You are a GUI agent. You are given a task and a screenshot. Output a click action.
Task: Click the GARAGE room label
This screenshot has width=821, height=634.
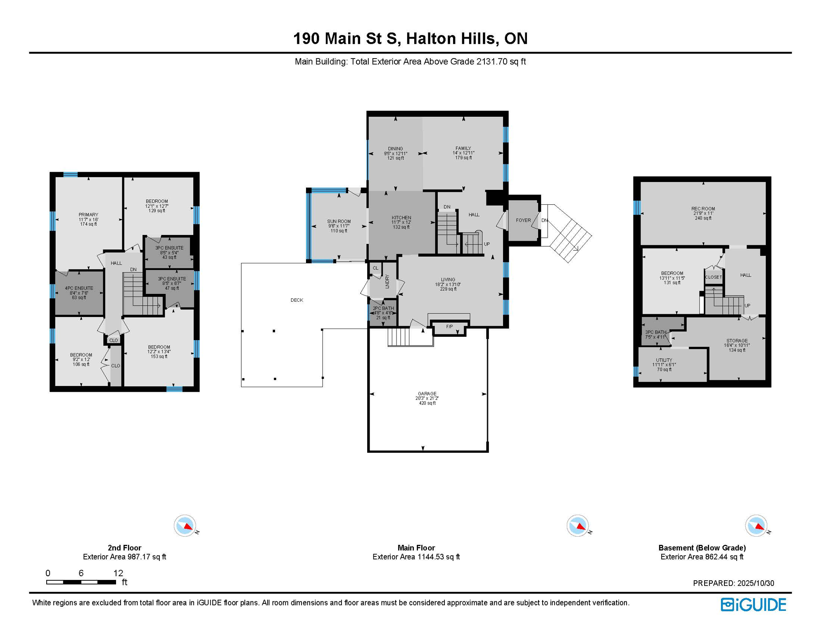427,394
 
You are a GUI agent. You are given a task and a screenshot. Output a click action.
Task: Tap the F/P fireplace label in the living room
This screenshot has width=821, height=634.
449,326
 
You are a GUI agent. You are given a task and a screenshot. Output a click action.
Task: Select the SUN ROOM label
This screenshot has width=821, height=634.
339,221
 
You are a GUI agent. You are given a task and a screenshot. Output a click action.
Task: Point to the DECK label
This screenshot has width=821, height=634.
297,300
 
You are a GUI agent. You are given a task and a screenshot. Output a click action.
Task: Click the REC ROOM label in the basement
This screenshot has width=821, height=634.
703,209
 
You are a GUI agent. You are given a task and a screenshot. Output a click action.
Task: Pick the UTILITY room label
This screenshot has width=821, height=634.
664,360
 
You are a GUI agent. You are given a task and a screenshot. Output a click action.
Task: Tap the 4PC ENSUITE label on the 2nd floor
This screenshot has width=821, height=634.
79,288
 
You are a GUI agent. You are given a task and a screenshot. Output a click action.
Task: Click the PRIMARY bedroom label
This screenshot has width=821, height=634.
88,215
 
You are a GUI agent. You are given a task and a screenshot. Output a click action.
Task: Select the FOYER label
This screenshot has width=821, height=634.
523,220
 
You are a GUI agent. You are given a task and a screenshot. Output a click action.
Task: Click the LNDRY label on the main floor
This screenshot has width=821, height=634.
387,281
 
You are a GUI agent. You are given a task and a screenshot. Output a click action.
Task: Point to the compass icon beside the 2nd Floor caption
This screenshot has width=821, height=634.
185,526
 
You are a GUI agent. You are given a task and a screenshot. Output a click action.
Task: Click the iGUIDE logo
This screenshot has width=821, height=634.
753,605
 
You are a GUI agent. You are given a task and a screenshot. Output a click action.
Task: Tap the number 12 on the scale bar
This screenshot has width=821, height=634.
118,573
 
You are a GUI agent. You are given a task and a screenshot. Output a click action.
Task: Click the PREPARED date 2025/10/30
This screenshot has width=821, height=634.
755,583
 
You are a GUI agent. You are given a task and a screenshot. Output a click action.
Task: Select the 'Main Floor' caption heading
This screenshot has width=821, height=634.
416,548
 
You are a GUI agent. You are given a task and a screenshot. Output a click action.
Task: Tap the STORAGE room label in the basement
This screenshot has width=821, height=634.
737,341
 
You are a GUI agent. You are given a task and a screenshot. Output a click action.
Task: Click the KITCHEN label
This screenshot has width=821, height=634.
401,218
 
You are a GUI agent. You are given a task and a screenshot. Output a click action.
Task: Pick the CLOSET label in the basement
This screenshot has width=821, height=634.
713,277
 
